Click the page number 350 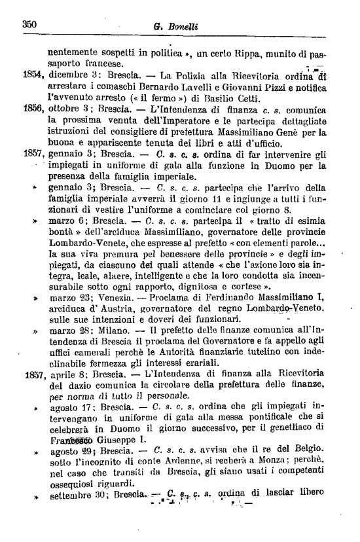(x=28, y=24)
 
